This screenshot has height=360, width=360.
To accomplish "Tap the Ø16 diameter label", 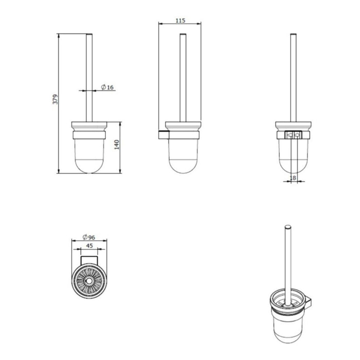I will click(107, 87).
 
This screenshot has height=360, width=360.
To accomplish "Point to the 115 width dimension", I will click(180, 21).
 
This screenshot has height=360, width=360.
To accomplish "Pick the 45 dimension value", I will click(89, 246).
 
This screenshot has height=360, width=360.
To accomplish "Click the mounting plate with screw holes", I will click(294, 135).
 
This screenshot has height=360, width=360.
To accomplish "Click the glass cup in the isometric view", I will click(284, 324).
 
